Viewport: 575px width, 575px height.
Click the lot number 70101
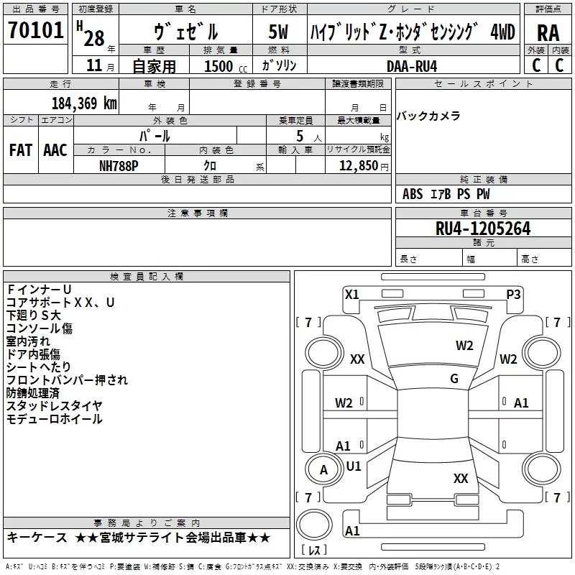tap(36, 30)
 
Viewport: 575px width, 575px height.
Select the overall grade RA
tap(548, 33)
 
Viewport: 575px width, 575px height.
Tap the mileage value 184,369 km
tap(84, 103)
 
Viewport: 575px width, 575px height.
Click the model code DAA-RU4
tap(412, 66)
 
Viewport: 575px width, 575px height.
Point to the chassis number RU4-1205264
tap(483, 229)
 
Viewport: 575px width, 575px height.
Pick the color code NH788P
tap(119, 166)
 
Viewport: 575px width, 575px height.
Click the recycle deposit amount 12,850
tap(358, 166)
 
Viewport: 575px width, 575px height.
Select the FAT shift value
tap(21, 150)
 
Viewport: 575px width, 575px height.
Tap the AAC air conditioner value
tap(55, 150)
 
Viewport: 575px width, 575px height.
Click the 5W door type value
tap(278, 32)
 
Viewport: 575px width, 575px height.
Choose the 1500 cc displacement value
tap(226, 66)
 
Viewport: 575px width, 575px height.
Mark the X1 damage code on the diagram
tap(352, 295)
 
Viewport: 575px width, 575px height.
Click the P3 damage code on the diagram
tap(513, 295)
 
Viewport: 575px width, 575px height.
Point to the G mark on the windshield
tap(454, 379)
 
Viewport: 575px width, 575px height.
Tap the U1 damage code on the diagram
tap(354, 466)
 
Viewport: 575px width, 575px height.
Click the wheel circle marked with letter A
tap(324, 470)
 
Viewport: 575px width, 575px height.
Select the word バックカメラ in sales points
tap(428, 116)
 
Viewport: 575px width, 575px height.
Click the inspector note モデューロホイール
tap(55, 419)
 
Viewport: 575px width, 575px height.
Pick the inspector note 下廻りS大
tap(33, 316)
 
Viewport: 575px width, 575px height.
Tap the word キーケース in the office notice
tap(37, 538)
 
